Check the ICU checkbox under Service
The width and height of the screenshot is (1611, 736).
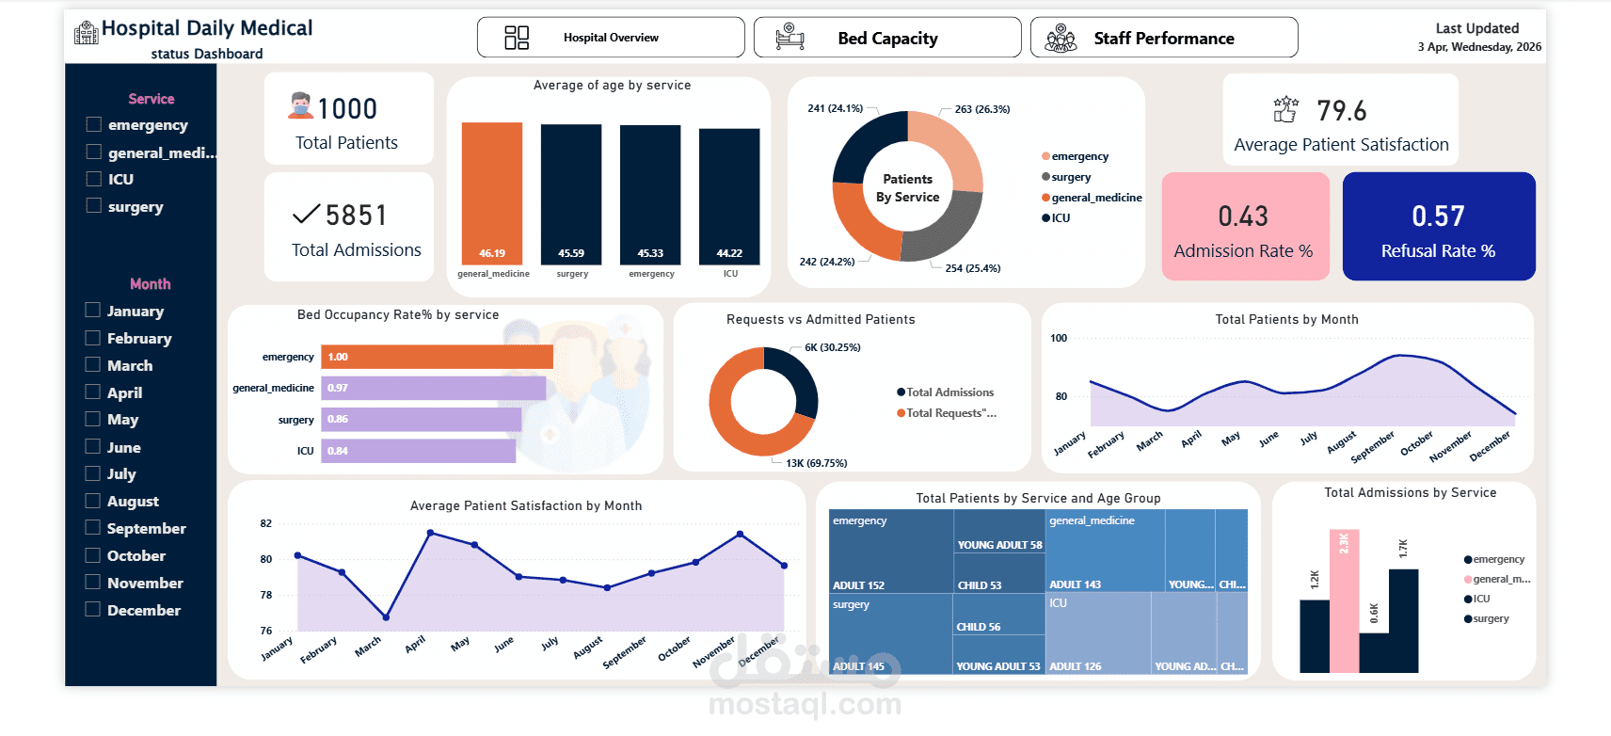(94, 179)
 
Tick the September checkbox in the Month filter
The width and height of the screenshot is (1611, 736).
(93, 528)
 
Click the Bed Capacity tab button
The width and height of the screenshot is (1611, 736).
(886, 38)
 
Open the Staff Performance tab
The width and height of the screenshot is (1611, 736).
(1163, 38)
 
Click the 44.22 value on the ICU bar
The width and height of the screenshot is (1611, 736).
(729, 253)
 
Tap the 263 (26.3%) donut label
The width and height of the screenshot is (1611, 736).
(981, 109)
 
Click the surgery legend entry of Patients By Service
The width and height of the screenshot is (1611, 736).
(1071, 177)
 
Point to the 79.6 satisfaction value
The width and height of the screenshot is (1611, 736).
(1341, 111)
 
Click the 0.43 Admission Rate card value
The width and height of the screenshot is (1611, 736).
(1243, 216)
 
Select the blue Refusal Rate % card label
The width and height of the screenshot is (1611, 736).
(1437, 251)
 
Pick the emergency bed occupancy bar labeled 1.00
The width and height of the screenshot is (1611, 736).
(437, 357)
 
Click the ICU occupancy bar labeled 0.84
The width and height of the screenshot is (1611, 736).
(418, 451)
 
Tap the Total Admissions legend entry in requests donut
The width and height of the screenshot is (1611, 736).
(949, 392)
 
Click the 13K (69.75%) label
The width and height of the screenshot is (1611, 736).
(816, 463)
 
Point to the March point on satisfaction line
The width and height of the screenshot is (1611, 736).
(386, 617)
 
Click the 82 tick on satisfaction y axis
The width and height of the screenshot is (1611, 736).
(266, 523)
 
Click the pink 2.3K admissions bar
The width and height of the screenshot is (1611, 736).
(1344, 602)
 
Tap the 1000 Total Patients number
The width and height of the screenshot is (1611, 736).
(347, 109)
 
